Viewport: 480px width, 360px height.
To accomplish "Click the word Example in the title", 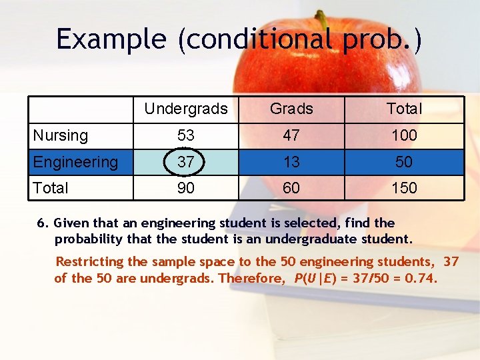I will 111,39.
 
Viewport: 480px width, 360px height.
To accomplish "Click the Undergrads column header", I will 185,109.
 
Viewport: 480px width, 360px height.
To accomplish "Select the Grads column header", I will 291,109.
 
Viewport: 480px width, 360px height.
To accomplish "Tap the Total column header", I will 404,109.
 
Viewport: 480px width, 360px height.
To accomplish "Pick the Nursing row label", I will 61,135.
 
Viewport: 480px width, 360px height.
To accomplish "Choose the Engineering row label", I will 75,162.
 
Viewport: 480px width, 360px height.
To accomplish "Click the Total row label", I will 51,188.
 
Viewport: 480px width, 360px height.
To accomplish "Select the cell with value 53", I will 185,135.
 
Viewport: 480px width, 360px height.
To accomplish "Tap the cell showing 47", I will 291,135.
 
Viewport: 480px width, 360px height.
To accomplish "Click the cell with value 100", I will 404,135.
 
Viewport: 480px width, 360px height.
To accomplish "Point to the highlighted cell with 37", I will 185,162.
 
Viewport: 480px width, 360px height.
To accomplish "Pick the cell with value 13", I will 291,162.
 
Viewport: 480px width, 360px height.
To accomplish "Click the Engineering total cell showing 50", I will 404,162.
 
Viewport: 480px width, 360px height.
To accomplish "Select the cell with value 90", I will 185,188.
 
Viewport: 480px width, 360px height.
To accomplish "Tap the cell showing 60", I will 291,188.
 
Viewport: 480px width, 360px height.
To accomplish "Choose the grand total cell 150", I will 404,188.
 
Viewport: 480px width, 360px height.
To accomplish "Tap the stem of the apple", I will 322,19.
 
